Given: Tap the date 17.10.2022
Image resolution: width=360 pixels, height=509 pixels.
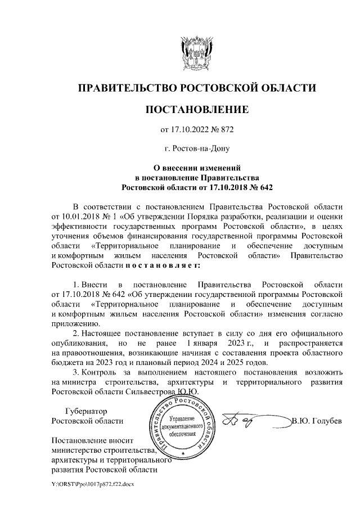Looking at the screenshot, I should pyautogui.click(x=189, y=130).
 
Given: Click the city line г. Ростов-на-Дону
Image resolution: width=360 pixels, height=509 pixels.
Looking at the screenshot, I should pyautogui.click(x=196, y=149).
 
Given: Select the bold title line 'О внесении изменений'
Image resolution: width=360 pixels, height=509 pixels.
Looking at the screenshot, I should pyautogui.click(x=196, y=168).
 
